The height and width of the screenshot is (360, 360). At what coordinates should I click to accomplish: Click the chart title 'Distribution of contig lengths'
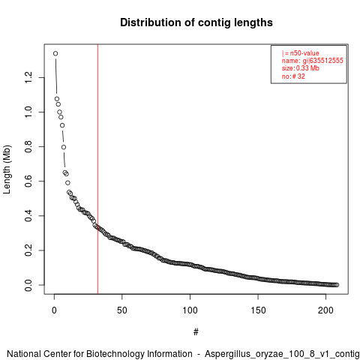pos(196,22)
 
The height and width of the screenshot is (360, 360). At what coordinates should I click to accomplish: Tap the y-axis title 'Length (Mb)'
pos(7,169)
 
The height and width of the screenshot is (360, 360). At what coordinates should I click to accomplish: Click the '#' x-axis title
pos(196,332)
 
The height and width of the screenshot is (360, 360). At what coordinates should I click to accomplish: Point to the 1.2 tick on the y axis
pos(28,77)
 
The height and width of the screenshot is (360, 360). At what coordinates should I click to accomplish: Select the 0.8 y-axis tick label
pos(28,146)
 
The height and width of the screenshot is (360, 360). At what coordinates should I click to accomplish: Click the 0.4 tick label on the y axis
pos(28,216)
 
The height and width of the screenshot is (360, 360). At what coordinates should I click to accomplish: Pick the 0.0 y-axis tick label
pos(28,285)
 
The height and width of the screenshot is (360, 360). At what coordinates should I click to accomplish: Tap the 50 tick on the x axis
pos(122,310)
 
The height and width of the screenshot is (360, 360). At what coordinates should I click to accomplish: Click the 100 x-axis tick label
pos(190,310)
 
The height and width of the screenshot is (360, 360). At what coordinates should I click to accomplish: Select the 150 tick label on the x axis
pos(258,310)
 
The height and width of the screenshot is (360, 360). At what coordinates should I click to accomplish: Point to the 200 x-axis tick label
pos(325,310)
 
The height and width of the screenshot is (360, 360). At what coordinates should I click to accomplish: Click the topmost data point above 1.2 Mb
pos(55,53)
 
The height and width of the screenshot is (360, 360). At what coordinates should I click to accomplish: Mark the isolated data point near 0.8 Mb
pos(64,147)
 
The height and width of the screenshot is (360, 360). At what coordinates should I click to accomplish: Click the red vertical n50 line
pos(97,169)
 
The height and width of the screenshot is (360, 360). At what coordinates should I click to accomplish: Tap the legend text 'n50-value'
pos(304,53)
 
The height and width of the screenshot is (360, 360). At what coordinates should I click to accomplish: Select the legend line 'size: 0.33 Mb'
pos(301,68)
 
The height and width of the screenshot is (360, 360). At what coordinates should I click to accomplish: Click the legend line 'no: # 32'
pos(293,76)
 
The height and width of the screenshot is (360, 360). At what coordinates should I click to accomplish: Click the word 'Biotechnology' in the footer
pos(115,354)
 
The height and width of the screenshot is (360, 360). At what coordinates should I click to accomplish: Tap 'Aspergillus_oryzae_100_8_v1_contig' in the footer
pos(282,354)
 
